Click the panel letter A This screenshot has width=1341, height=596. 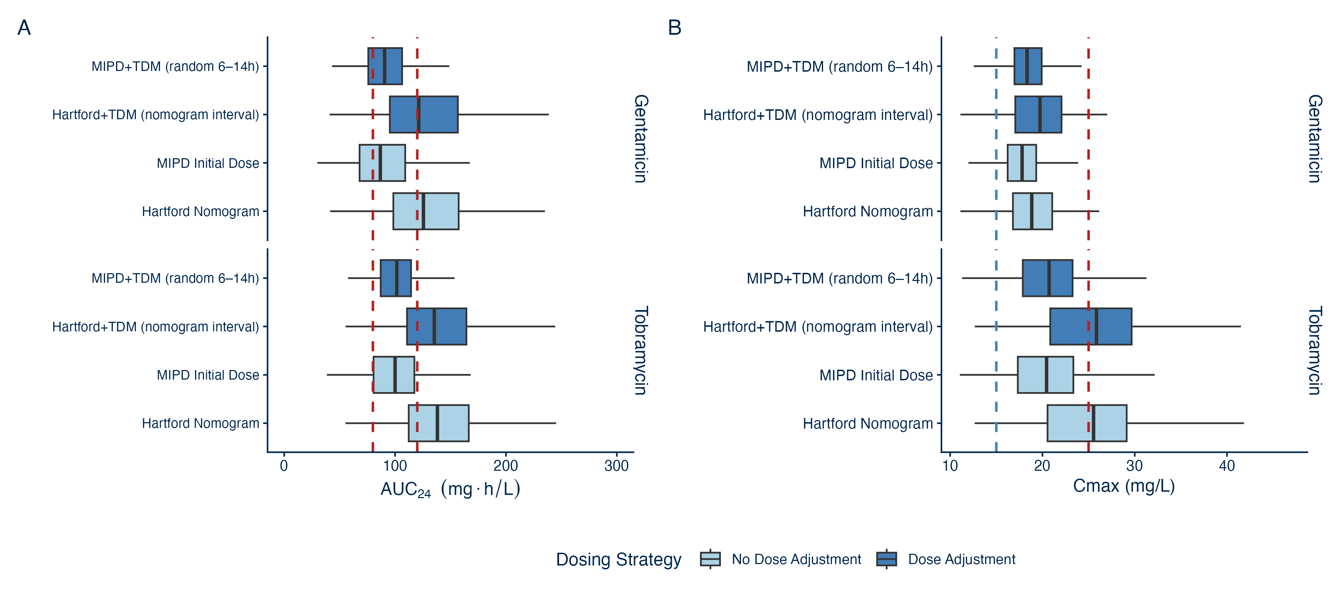pos(24,28)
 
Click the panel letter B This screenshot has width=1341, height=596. pos(675,28)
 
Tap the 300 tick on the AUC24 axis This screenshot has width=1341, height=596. pos(616,466)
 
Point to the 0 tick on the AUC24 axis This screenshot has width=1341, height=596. pos(284,466)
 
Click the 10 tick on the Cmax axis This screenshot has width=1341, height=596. pos(950,466)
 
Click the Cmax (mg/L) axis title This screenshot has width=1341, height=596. pos(1124,486)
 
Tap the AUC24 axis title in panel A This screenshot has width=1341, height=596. pos(450,489)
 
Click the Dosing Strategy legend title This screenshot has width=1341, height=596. pos(618,559)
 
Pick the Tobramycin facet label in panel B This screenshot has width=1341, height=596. pos(1315,350)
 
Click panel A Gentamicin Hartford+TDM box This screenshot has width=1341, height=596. pos(424,115)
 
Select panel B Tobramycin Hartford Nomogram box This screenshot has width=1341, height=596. pos(1087,423)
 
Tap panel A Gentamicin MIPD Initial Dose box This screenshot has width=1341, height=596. pos(382,163)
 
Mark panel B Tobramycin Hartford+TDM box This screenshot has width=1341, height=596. pos(1091,326)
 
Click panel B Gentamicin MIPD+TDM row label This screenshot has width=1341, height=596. pos(839,67)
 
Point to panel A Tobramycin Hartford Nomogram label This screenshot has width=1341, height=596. pos(200,423)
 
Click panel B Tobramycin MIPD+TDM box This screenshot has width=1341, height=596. pos(1047,278)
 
